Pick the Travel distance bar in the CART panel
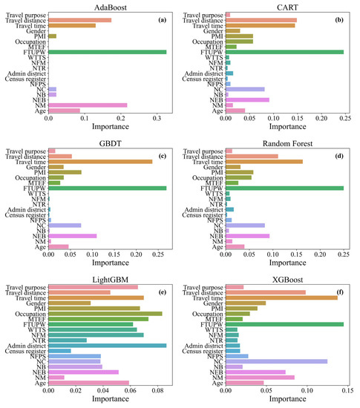[261, 20]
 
